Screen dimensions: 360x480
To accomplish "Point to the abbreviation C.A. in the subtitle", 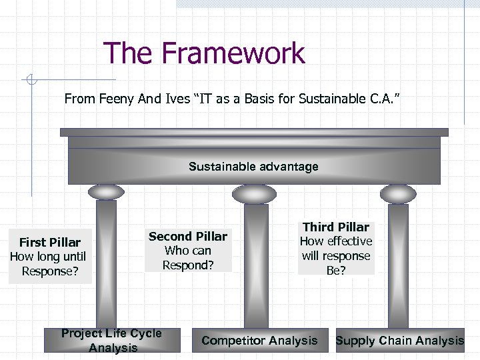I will point(383,99).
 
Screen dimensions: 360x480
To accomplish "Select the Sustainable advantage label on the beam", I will point(253,167).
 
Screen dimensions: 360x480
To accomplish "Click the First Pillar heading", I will point(50,243).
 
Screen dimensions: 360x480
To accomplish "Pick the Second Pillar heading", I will point(188,237).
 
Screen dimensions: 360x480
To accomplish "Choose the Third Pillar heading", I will point(336,227).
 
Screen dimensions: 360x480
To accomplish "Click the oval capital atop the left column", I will point(107,192).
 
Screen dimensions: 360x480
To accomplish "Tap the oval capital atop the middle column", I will point(253,193).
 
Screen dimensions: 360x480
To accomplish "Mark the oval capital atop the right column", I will point(398,193).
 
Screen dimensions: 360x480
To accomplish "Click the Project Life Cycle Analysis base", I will point(111,341).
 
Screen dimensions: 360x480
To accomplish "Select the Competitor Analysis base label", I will point(259,341).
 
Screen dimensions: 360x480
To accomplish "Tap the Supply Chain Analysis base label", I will point(400,341).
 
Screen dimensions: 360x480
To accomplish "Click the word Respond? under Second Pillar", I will point(188,265).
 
